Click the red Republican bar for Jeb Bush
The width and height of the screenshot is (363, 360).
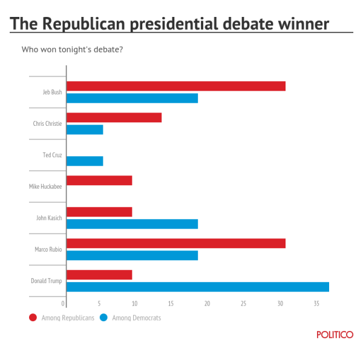pyautogui.click(x=175, y=86)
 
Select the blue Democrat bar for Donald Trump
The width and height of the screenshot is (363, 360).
pyautogui.click(x=197, y=287)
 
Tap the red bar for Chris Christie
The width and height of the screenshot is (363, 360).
pyautogui.click(x=114, y=117)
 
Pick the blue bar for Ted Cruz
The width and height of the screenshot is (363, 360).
pyautogui.click(x=85, y=161)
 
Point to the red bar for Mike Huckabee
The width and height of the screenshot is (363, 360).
pyautogui.click(x=99, y=180)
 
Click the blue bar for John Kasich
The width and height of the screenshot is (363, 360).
pyautogui.click(x=132, y=224)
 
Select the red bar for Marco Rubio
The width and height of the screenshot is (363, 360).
pyautogui.click(x=175, y=243)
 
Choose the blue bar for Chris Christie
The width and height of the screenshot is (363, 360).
pyautogui.click(x=85, y=129)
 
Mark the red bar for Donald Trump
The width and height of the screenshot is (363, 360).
pyautogui.click(x=99, y=275)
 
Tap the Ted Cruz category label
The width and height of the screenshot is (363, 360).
pyautogui.click(x=52, y=155)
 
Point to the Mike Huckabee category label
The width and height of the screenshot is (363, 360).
pyautogui.click(x=45, y=186)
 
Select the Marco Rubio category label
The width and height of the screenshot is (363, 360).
pyautogui.click(x=48, y=249)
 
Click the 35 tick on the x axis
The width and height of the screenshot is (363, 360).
pyautogui.click(x=316, y=303)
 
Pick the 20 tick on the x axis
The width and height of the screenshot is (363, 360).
pyautogui.click(x=208, y=303)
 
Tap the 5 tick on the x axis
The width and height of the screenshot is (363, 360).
pyautogui.click(x=100, y=303)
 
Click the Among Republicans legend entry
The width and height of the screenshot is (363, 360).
pyautogui.click(x=67, y=318)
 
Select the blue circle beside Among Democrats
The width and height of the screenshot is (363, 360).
pyautogui.click(x=104, y=318)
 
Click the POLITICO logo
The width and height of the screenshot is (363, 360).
pyautogui.click(x=335, y=335)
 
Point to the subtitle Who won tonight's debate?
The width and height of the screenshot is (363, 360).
pyautogui.click(x=72, y=49)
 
